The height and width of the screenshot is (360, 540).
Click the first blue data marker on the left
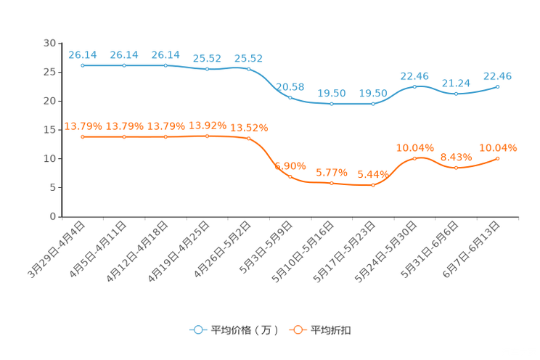point(83,65)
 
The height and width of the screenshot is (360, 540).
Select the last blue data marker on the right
point(498,86)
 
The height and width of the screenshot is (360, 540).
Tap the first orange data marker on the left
point(83,136)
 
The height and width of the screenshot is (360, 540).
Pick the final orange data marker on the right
point(498,157)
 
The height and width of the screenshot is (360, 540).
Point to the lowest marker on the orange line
point(373,186)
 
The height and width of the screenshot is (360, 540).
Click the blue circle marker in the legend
point(197,330)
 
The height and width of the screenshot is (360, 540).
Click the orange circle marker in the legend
point(296,330)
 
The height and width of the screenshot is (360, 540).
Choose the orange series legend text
point(331,330)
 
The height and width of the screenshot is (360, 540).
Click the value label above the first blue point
point(82,54)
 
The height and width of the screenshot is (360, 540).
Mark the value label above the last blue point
point(498,75)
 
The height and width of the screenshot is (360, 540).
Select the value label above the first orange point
point(83,126)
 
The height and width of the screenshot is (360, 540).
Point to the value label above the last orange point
point(499,147)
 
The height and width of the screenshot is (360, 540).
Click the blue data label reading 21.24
point(456,83)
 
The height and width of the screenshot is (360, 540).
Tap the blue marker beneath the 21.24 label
point(456,94)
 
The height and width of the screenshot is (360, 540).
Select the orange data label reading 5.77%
point(332,173)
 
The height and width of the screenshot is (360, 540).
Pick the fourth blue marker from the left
point(208,69)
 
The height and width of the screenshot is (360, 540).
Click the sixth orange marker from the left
point(290,176)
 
